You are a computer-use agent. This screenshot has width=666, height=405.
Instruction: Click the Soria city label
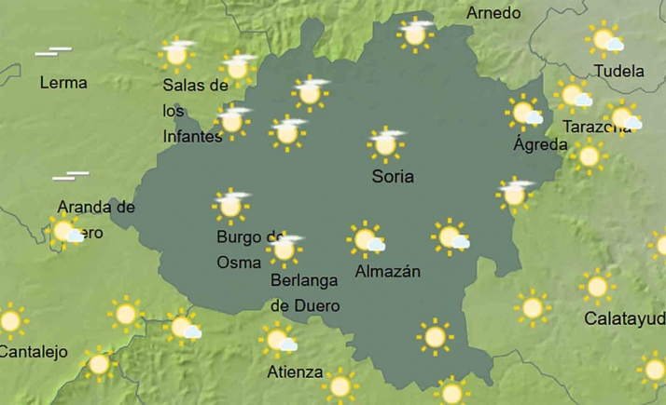pyautogui.click(x=392, y=177)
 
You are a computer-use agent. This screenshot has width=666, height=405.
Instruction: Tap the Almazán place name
pyautogui.click(x=388, y=272)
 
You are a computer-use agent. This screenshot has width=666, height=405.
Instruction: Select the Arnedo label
pyautogui.click(x=493, y=14)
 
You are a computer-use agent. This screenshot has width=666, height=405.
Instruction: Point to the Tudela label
pyautogui.click(x=619, y=71)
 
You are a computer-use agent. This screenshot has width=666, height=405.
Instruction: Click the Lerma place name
pyautogui.click(x=63, y=83)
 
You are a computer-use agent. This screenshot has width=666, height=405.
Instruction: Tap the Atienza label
pyautogui.click(x=295, y=372)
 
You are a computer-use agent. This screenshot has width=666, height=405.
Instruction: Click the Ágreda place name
pyautogui.click(x=540, y=145)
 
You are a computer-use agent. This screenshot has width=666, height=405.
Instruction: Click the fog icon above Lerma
pyautogui.click(x=53, y=51)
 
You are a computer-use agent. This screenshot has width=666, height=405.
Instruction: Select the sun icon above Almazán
pyautogui.click(x=365, y=239)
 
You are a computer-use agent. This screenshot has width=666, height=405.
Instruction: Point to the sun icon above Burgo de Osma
pyautogui.click(x=229, y=205)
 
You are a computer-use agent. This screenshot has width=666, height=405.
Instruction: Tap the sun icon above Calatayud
pyautogui.click(x=597, y=287)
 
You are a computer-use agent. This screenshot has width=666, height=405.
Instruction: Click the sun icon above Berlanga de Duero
pyautogui.click(x=284, y=249)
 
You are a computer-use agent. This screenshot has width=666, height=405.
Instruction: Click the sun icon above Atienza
pyautogui.click(x=276, y=340)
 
